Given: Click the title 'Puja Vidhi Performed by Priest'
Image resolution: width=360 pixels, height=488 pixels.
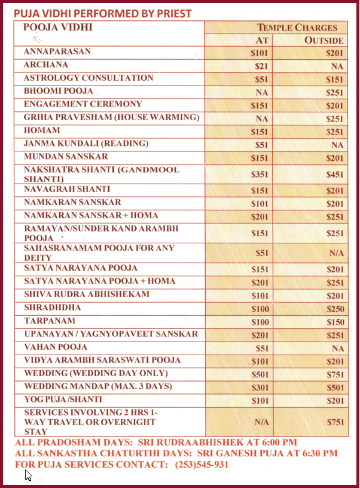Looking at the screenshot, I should click(103, 13).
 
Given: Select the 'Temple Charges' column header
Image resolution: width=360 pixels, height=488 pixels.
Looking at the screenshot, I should click(297, 28).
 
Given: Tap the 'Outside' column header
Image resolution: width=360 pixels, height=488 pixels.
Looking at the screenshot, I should click(324, 41).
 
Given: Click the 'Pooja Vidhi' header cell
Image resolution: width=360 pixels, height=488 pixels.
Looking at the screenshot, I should click(58, 28).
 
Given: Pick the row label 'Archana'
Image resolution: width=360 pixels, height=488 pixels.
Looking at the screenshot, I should click(46, 65).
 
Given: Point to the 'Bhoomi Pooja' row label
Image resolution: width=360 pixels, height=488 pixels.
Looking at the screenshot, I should click(59, 91).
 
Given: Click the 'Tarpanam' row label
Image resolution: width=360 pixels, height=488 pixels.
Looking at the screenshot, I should click(47, 321).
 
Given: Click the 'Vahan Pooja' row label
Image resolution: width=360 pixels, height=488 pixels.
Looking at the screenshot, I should click(56, 347).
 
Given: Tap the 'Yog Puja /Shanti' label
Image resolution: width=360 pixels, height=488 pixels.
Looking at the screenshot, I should click(63, 399).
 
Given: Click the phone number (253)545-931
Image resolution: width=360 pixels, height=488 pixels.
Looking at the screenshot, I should click(202, 465).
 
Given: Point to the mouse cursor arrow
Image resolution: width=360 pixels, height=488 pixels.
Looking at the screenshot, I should click(28, 475).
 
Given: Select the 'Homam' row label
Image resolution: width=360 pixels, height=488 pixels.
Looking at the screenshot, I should click(42, 130).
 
